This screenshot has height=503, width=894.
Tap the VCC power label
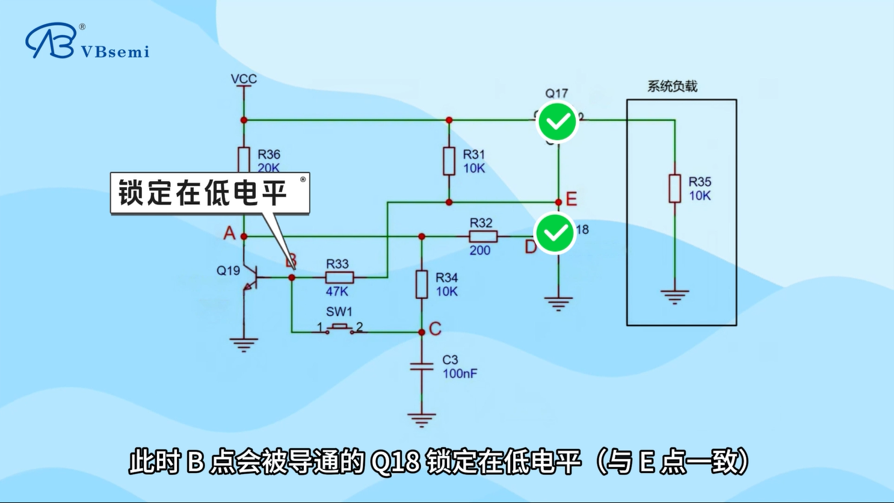[x=244, y=79]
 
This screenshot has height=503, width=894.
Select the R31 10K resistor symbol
[x=449, y=161]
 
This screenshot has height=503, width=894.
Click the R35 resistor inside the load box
[x=675, y=188]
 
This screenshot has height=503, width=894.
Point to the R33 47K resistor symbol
[x=339, y=277]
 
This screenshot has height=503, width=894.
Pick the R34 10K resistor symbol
[x=422, y=284]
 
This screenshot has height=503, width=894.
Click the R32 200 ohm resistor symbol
[x=482, y=236]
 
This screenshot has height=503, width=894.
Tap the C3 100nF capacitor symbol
[x=422, y=366]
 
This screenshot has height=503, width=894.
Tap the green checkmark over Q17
[x=558, y=122]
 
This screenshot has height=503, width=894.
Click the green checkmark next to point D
[x=555, y=233]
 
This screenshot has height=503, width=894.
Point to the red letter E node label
[x=572, y=199]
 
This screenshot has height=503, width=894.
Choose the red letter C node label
[x=435, y=329]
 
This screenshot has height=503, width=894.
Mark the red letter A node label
[x=229, y=233]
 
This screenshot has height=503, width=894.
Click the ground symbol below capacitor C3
[x=421, y=419]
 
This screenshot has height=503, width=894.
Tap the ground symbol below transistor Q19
[x=244, y=345]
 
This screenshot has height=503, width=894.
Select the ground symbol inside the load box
[x=674, y=297]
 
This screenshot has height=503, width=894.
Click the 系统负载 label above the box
[x=672, y=86]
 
